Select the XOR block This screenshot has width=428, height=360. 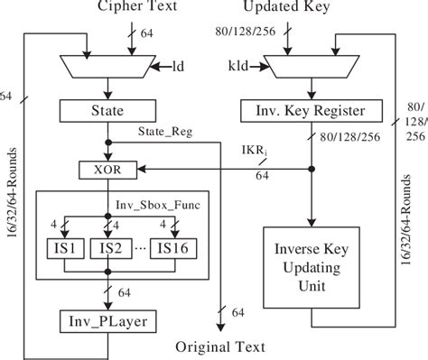(x=109, y=167)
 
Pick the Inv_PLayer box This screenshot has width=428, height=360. (x=108, y=320)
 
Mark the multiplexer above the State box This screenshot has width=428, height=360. (x=109, y=64)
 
